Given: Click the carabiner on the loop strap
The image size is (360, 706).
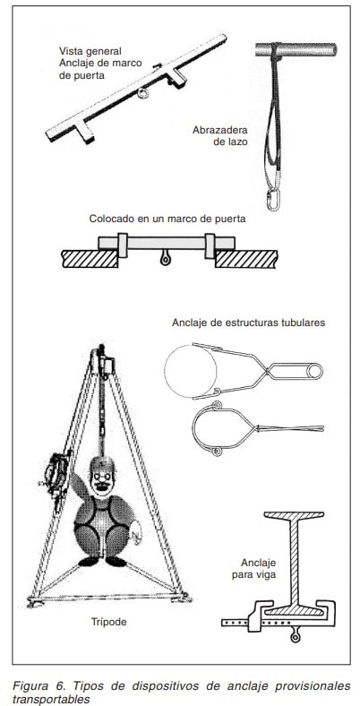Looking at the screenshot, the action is coord(272,200).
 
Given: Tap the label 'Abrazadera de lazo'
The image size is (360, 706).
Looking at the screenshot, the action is coord(220,135).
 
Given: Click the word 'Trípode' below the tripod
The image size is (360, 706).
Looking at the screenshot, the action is coord(109,622).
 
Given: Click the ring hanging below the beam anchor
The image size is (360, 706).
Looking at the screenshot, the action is coord(296,636).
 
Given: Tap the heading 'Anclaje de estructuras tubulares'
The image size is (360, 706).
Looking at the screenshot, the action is coord(248,323).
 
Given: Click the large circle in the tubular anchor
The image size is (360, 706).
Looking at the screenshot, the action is coord(191,371).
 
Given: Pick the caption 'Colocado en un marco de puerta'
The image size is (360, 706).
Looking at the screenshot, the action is coord(167,220).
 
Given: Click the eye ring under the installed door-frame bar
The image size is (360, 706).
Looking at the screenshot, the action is coord(165,258).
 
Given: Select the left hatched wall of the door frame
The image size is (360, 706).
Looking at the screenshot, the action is coord(90,259).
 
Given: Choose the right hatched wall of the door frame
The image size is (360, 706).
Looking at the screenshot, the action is coord(246,259).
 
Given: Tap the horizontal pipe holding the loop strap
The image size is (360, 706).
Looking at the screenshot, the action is coord(296,49).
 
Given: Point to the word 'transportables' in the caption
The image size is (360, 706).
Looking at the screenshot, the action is coord(51,699).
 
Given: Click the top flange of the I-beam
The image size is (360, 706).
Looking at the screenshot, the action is coord(294,514).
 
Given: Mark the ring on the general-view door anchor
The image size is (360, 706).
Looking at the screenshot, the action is coord(143,93).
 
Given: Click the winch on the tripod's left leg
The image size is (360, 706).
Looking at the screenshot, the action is coord(55,475).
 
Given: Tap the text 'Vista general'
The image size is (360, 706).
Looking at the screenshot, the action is coord(90,51).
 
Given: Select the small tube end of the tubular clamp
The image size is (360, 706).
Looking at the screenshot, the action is coord(314,371).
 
